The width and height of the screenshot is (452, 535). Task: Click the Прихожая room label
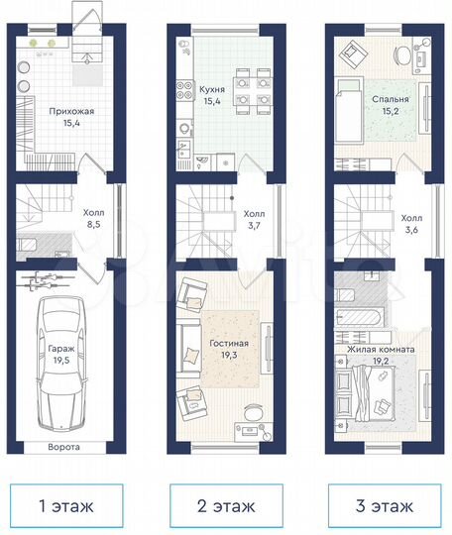[71, 112]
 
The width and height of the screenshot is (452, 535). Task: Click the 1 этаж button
[65, 506]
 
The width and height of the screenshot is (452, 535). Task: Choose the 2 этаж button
[225, 506]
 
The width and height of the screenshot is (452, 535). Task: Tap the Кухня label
[211, 89]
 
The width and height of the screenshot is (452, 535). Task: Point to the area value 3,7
[255, 226]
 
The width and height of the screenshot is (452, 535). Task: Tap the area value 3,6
[411, 232]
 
